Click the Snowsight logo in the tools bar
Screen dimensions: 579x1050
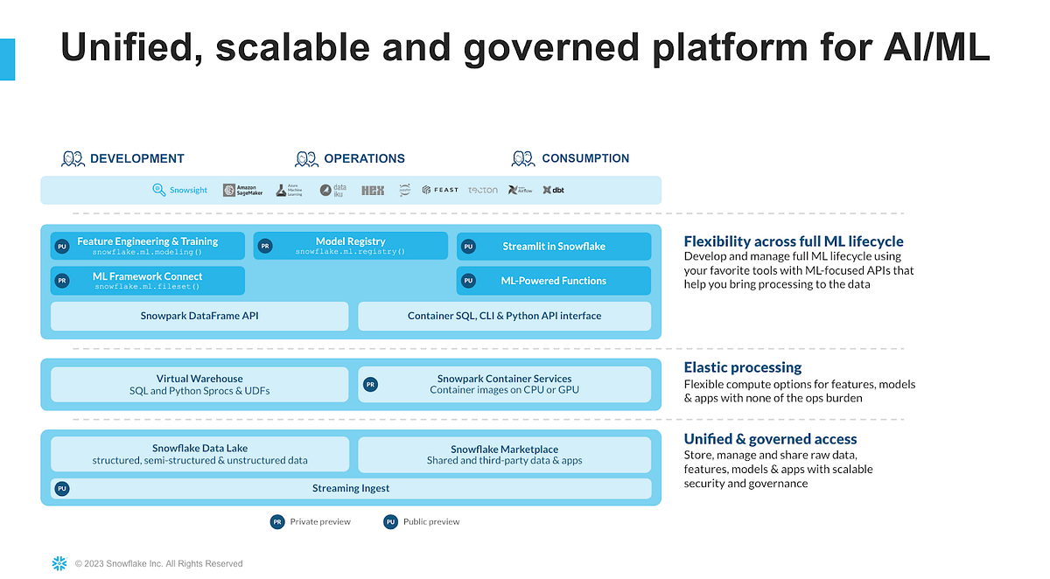[x=180, y=190]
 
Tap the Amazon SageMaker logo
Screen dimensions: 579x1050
[x=242, y=190]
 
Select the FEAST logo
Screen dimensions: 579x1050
[x=439, y=190]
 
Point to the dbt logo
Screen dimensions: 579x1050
[x=553, y=190]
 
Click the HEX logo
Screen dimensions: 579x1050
[x=373, y=190]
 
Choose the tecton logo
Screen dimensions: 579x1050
[x=482, y=190]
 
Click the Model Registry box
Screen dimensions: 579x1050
[x=350, y=246]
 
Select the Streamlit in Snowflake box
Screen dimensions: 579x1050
[x=553, y=247]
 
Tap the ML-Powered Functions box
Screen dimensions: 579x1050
[x=553, y=281]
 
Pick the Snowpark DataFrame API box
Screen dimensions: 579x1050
[x=199, y=316]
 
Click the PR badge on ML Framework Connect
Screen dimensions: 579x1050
[x=62, y=281]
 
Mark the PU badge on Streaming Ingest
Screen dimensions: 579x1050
[x=62, y=489]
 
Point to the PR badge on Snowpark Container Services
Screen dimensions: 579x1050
[x=370, y=384]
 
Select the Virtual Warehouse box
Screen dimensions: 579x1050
[x=199, y=384]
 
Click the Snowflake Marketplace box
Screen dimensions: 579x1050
[x=504, y=455]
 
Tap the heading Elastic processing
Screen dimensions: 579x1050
[x=742, y=367]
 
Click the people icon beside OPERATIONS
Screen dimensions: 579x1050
[x=306, y=158]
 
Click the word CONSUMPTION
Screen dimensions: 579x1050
[x=585, y=158]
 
